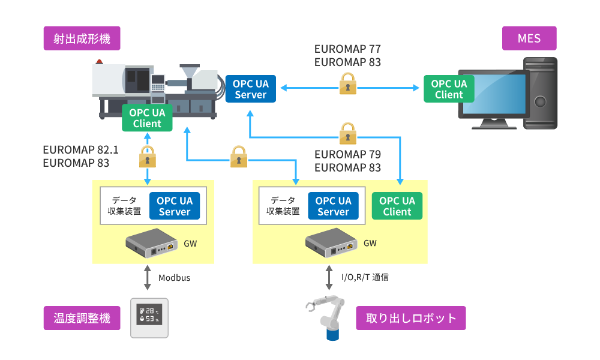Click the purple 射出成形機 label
82,39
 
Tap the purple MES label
529,39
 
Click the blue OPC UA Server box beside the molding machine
251,89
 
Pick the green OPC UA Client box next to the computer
449,89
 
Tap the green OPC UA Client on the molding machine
147,118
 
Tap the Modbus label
174,278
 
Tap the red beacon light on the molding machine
100,61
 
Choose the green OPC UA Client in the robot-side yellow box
397,206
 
